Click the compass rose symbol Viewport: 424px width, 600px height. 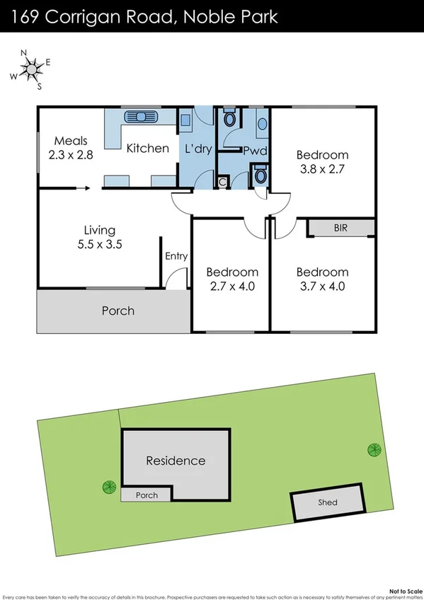tap(32, 69)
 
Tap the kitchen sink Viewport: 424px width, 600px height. tap(140, 117)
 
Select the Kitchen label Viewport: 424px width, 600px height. tap(147, 148)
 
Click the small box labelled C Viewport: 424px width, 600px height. tap(222, 182)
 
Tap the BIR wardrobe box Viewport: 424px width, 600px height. tap(340, 227)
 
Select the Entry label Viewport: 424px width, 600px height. tap(176, 256)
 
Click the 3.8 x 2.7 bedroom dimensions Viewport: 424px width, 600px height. tap(322, 169)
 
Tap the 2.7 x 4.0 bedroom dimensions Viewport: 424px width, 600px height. tap(231, 287)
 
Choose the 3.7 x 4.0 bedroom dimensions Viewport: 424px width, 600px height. tap(322, 287)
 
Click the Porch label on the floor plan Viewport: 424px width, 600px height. tap(118, 311)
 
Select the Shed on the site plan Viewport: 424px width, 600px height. tap(327, 502)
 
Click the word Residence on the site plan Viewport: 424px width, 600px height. tap(176, 461)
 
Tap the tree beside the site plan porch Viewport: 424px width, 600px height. tap(108, 487)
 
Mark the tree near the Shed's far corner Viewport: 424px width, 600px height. tap(372, 449)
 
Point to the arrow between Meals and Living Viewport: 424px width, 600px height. tap(80, 188)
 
